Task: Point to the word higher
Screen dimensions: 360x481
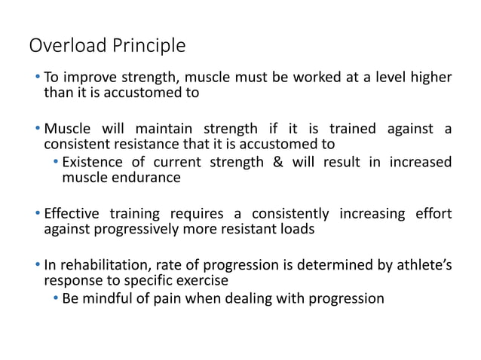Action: pos(430,78)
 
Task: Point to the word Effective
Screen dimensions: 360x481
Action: pos(73,213)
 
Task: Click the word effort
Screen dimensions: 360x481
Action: pos(432,213)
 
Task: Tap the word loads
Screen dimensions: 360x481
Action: pos(294,229)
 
